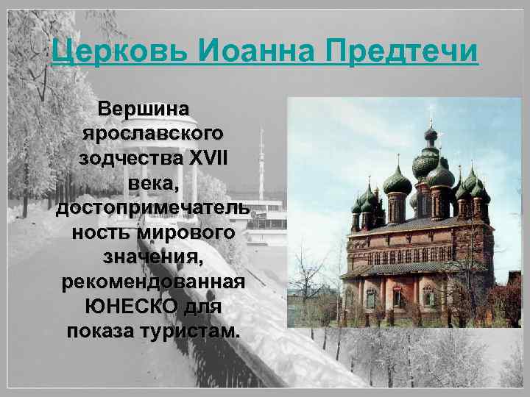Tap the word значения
coord(152,257)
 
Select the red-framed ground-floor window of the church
coord(397,297)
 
